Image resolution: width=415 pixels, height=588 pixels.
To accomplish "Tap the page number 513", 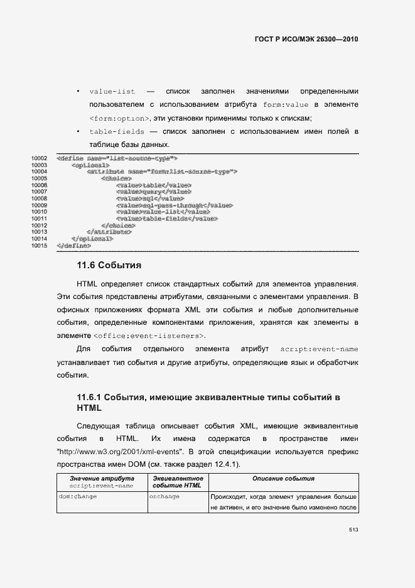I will (x=353, y=530).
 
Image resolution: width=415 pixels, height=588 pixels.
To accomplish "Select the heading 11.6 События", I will (x=109, y=265).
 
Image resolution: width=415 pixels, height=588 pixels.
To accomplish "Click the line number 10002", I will (x=39, y=158).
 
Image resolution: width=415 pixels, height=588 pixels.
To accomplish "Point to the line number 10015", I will (x=39, y=245).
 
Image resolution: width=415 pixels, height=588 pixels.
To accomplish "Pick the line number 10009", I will (x=39, y=205).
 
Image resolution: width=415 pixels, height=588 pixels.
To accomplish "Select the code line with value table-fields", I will (x=166, y=219).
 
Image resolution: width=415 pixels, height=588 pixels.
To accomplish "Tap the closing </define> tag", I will (x=69, y=245).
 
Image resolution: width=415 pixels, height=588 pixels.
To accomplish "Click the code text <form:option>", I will (x=119, y=119).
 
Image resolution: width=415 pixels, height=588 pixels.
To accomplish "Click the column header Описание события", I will (x=283, y=479).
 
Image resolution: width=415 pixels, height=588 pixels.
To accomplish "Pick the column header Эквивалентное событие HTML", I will (x=177, y=482).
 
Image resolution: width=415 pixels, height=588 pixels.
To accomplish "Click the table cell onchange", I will (x=164, y=496).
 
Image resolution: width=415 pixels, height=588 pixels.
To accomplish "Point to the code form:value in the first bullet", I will (x=286, y=105).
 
